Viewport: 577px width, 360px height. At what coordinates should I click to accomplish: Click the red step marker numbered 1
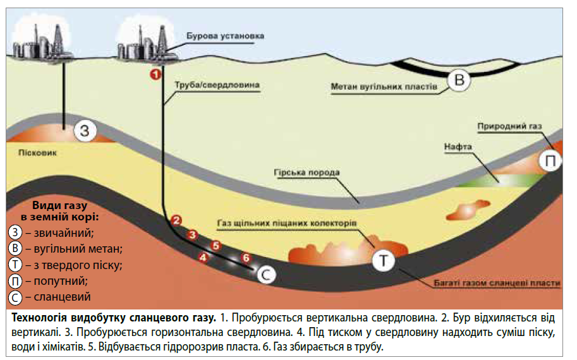[154, 74]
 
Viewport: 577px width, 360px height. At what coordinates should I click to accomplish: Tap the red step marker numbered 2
[178, 220]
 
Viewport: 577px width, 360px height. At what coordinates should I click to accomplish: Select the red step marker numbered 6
[246, 258]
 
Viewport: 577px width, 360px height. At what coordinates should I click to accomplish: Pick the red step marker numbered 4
[203, 257]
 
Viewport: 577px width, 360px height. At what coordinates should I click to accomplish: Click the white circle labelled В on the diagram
[459, 80]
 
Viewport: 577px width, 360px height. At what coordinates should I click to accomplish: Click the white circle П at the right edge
[550, 162]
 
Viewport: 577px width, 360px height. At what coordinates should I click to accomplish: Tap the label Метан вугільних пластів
[383, 85]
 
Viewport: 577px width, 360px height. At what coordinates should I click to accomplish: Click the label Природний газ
[510, 126]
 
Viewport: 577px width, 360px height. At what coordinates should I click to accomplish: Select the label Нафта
[458, 147]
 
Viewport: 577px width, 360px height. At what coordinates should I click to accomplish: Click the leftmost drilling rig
[39, 43]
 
